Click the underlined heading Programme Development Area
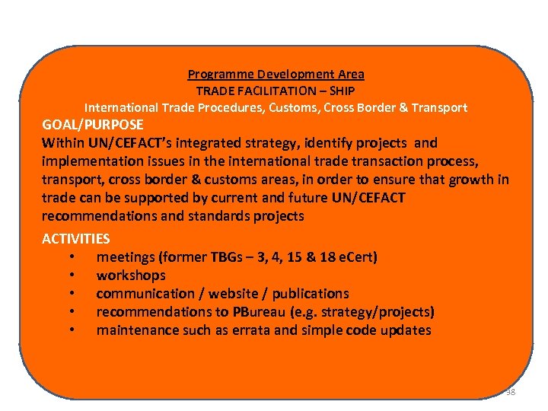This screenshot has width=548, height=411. pos(276,75)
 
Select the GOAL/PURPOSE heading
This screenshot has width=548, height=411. pos(93,124)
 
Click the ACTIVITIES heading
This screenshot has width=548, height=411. pos(76,239)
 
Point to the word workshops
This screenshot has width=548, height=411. pos(131,276)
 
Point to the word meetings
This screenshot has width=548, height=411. pos(126,257)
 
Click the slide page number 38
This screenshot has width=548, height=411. pos(510,392)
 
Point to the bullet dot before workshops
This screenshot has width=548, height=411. pos(71,276)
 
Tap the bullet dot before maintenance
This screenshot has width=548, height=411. pos(71,330)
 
